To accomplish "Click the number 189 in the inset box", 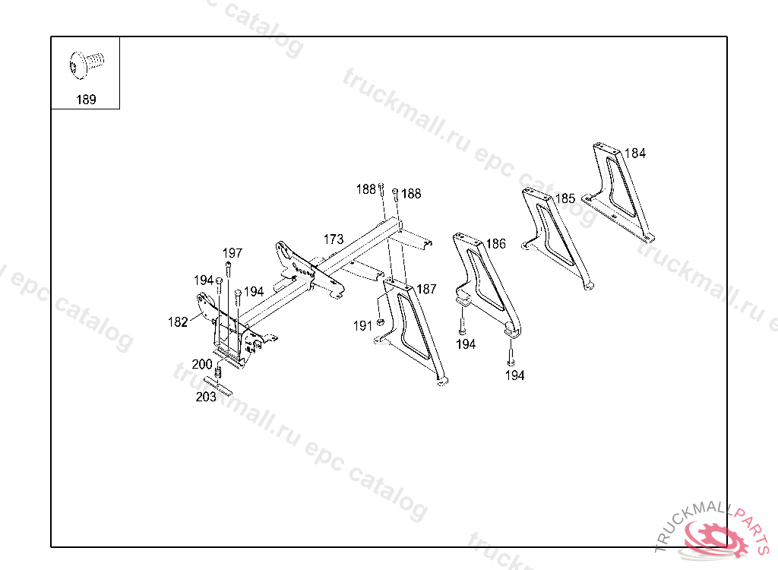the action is [x=86, y=100].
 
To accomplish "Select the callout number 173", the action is [x=333, y=239].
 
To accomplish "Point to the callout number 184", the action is [x=634, y=154].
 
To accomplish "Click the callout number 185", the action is [x=565, y=199].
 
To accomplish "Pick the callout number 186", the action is [x=495, y=244].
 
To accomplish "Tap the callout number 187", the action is [x=426, y=289].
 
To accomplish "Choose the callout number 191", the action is [x=362, y=325].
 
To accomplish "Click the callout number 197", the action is [x=232, y=253].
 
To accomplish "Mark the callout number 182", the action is [x=177, y=322].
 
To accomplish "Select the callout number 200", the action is [x=202, y=364].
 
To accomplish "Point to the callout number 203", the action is [x=206, y=397].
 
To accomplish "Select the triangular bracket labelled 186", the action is [x=486, y=285].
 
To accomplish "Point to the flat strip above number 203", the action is [x=217, y=385].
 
